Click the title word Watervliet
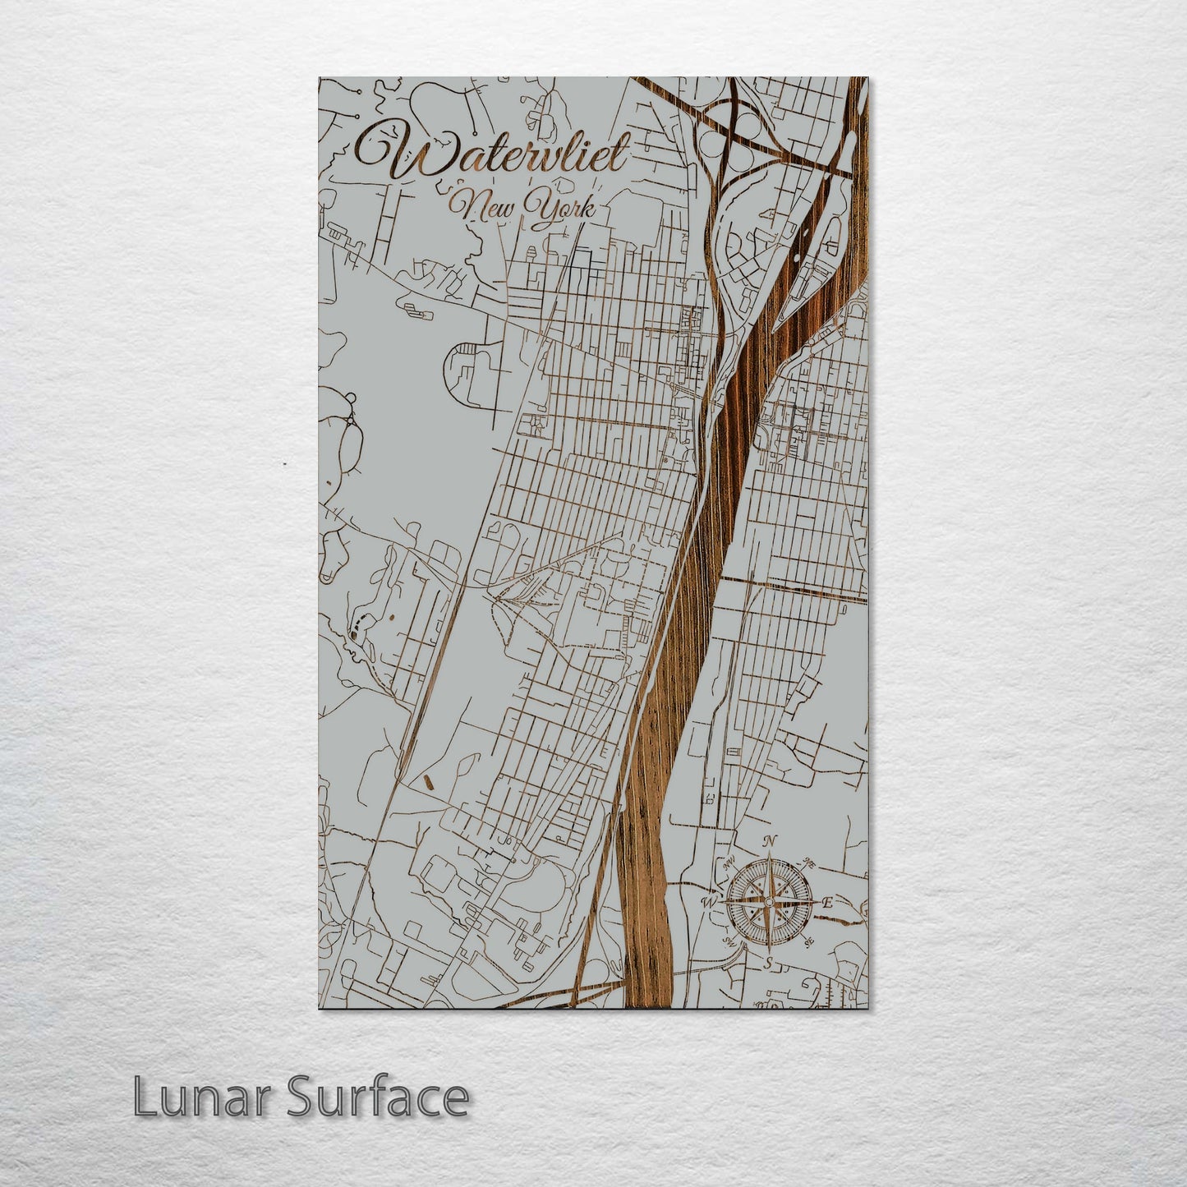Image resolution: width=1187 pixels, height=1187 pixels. point(493,154)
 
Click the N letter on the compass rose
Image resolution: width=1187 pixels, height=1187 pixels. point(770,841)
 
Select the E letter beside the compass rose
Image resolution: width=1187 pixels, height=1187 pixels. point(827,903)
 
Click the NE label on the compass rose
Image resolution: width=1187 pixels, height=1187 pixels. point(808,864)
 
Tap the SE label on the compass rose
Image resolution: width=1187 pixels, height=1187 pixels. point(808,941)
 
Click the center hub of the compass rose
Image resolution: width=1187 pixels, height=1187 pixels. point(769,902)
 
